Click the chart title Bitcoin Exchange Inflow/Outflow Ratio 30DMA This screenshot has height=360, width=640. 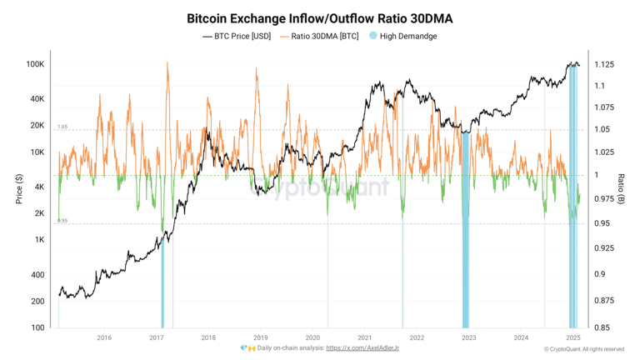321,17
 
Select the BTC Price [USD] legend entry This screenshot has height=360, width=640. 237,36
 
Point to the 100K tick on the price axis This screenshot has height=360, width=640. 35,64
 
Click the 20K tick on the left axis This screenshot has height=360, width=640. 37,126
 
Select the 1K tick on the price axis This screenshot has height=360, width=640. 39,240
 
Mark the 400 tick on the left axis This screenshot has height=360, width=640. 37,275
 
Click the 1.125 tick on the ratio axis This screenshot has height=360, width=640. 604,64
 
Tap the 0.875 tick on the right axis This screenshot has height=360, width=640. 604,300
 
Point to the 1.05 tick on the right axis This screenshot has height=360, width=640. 601,129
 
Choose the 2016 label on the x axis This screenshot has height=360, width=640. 104,337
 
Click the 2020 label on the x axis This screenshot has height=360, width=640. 312,337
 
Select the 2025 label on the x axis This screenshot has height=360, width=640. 572,337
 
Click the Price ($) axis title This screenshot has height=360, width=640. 18,190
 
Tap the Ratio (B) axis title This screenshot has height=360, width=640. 622,190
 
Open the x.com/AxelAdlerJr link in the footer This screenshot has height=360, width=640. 362,348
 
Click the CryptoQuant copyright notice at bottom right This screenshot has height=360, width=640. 583,349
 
